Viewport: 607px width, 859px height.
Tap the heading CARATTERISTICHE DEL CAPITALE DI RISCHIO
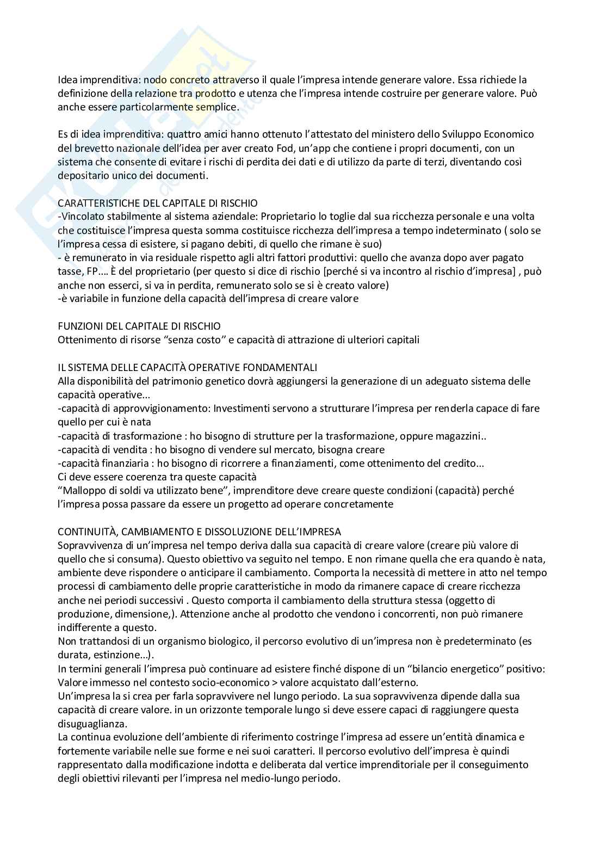tap(158, 203)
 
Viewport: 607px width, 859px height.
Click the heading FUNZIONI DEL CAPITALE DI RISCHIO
tap(139, 326)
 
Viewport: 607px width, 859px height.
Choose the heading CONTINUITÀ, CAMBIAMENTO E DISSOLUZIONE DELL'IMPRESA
tap(199, 532)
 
